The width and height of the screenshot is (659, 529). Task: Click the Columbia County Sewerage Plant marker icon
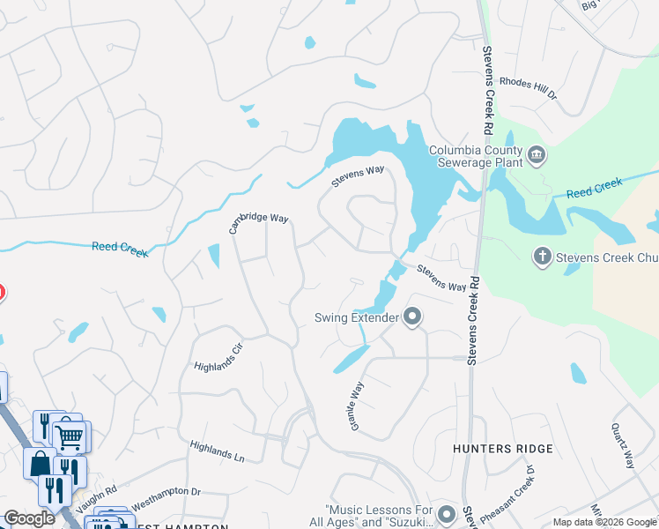coord(537,157)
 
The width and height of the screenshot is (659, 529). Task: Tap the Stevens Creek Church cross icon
coord(543,257)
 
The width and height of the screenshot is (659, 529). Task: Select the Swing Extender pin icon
coord(411,317)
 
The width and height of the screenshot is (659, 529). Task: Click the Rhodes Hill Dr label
coord(529,87)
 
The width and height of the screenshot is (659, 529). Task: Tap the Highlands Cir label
coord(218,355)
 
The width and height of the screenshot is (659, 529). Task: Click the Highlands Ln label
coord(217,452)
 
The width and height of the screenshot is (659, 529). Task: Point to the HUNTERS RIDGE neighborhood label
coord(503,449)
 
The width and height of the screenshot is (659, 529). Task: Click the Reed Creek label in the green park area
coord(594,187)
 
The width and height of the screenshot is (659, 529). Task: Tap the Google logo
coord(30,518)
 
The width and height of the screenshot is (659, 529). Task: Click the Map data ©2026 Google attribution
coord(604,522)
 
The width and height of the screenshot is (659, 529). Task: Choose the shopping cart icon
coord(70,435)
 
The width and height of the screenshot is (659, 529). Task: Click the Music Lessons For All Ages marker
coord(448,513)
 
